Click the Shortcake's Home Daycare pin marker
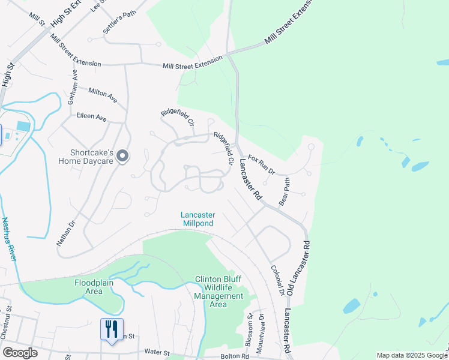click(x=123, y=157)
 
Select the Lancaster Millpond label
click(x=198, y=219)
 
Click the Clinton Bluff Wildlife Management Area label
click(x=218, y=292)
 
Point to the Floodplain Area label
click(x=97, y=287)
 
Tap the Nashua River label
click(x=8, y=239)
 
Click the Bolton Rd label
click(x=234, y=356)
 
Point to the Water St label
click(x=157, y=353)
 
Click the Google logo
click(x=20, y=353)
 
